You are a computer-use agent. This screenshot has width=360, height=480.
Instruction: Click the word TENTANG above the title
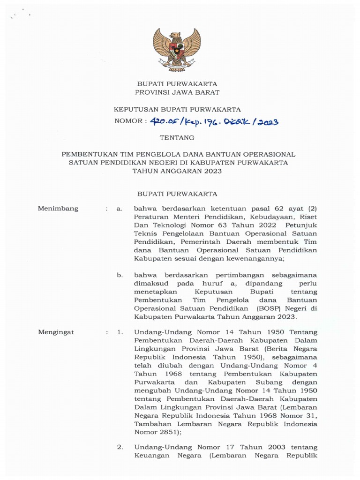(177, 138)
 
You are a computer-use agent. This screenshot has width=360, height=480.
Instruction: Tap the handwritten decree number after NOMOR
(215, 122)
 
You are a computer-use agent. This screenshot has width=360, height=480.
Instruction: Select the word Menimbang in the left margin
(58, 209)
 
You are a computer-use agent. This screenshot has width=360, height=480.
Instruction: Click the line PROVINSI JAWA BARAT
(177, 92)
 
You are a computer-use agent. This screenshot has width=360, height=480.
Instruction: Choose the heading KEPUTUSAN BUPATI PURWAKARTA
(178, 110)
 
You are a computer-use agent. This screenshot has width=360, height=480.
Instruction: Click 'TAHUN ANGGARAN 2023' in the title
(177, 171)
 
